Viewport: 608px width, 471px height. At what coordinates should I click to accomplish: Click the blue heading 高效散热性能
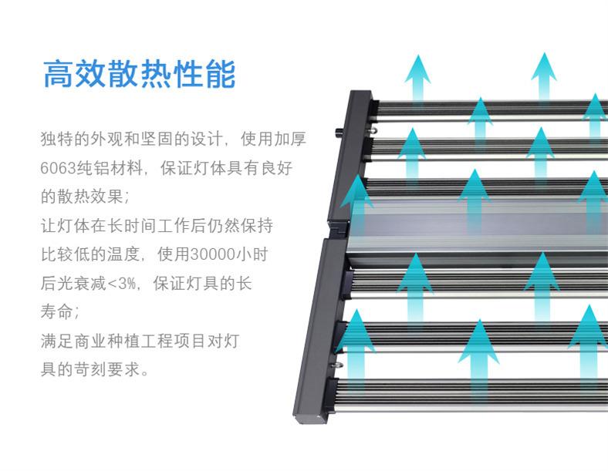pos(139,74)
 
